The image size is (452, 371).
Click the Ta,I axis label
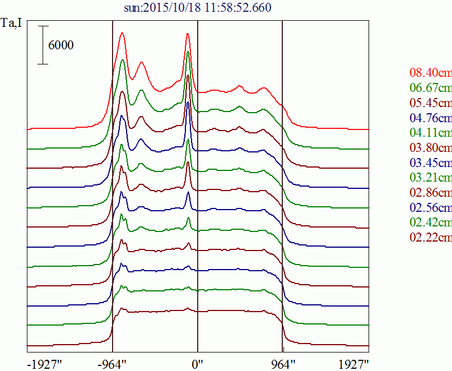click(12, 25)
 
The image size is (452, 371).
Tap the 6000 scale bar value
click(61, 45)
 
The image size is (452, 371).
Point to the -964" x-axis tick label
click(112, 364)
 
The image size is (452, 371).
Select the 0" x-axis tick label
click(198, 364)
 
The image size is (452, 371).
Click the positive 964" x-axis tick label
click(283, 364)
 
